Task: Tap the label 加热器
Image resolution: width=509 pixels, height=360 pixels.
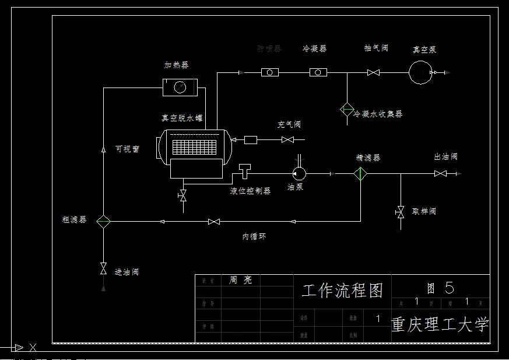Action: pos(176,65)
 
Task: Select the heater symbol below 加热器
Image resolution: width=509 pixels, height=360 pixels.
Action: pos(180,88)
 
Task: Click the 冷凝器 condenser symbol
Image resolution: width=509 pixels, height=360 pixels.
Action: pos(318,72)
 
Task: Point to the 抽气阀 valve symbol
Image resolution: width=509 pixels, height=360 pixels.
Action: pos(373,72)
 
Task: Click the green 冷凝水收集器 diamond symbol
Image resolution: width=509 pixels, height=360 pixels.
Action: pos(347,109)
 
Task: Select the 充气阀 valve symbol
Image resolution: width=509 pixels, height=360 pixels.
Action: pos(287,139)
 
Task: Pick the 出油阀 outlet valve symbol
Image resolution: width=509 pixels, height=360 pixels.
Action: pos(441,173)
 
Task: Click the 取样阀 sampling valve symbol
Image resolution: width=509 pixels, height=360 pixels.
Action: pos(400,211)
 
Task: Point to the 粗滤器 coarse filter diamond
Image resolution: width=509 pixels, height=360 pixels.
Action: pos(103,221)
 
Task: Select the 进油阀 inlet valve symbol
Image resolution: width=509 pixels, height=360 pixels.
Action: pos(103,268)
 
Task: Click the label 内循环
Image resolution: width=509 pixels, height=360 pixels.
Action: pos(255,236)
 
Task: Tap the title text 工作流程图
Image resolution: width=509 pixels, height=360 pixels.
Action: pos(342,290)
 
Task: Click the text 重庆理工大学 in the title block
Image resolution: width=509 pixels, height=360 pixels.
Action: pos(440,324)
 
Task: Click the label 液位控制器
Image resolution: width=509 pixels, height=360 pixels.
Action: pos(250,191)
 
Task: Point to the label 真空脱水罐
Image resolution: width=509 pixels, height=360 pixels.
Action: pos(182,117)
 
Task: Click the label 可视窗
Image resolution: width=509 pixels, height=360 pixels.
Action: pos(128,149)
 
